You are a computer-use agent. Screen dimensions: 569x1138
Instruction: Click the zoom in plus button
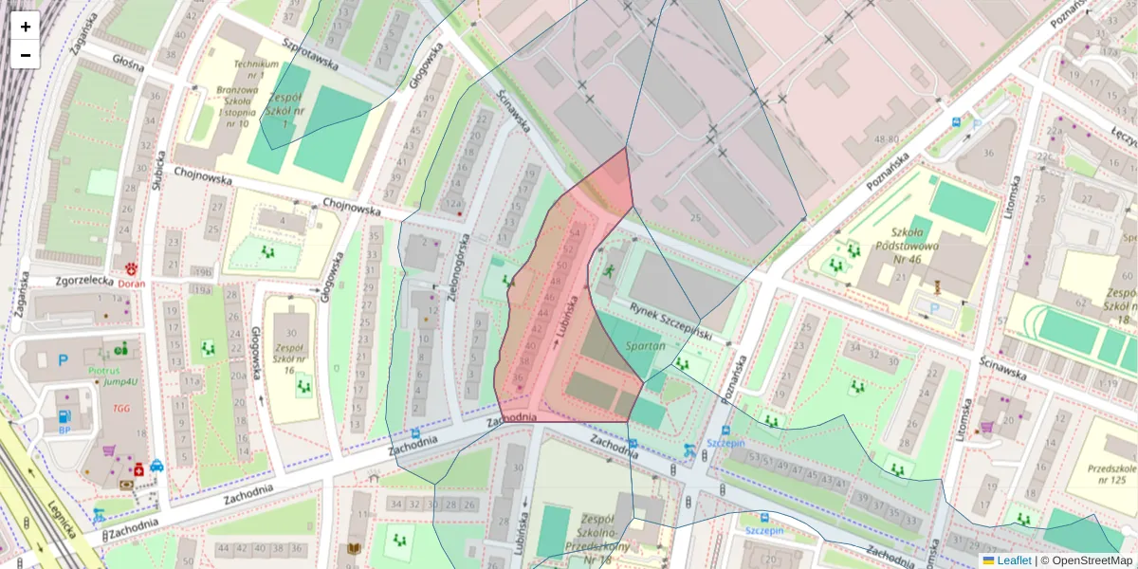click(x=26, y=27)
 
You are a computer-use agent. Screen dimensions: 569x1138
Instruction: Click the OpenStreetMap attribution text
click(x=1092, y=560)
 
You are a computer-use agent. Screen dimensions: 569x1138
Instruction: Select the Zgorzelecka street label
click(x=64, y=281)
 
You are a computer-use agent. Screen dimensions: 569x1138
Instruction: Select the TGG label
click(x=121, y=409)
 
